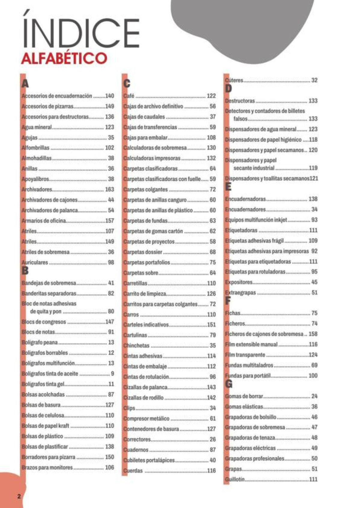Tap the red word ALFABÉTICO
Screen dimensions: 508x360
click(64, 58)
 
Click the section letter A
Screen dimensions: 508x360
click(25, 83)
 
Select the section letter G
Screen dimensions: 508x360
click(229, 384)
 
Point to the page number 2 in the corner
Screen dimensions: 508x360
click(19, 496)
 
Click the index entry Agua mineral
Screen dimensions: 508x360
click(37, 127)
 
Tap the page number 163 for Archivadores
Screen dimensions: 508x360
click(109, 189)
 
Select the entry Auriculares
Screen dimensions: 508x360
click(35, 262)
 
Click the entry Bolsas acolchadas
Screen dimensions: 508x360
click(43, 394)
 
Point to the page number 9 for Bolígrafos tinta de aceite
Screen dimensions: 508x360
click(112, 373)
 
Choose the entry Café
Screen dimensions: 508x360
click(129, 96)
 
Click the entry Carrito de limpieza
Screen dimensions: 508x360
click(145, 294)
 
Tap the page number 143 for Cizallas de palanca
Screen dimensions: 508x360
click(211, 387)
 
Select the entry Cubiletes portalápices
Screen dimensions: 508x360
click(149, 460)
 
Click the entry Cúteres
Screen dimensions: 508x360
click(234, 80)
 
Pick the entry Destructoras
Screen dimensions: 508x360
click(240, 101)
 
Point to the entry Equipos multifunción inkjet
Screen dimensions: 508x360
click(256, 220)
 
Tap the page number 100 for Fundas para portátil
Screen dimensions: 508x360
click(313, 376)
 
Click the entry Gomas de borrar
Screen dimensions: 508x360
click(244, 396)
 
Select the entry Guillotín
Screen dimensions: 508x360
click(235, 479)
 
